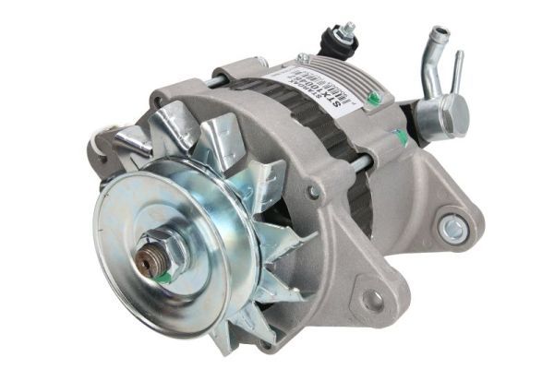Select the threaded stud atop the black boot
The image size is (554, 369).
(348, 31)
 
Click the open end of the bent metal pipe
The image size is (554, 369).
(439, 34)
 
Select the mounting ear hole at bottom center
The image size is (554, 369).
(372, 300)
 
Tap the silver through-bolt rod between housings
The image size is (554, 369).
(360, 165)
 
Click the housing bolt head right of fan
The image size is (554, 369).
(315, 191)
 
